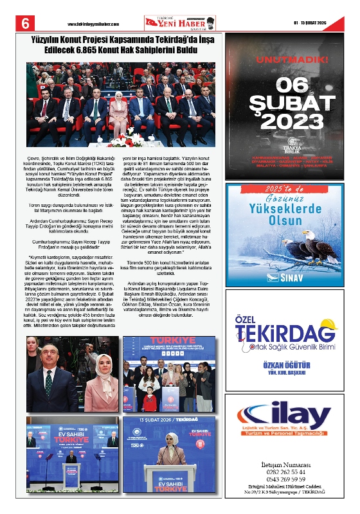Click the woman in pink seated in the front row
coord(120,112)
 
